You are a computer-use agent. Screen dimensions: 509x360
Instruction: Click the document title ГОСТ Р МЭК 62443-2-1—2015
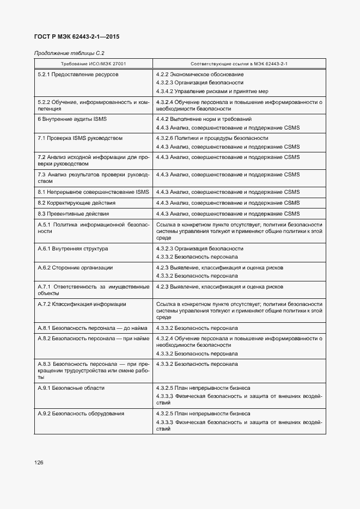77,37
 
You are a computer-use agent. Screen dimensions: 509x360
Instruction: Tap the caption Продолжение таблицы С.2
69,53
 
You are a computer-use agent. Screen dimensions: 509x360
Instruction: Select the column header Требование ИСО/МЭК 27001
93,64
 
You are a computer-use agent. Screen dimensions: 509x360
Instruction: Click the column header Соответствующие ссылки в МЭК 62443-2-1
239,64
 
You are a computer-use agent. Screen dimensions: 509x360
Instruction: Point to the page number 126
39,462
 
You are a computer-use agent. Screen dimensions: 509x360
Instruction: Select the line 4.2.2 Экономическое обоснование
199,74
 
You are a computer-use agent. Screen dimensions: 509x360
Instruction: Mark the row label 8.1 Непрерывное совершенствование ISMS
93,192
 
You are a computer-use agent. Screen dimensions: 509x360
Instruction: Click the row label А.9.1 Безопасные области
71,388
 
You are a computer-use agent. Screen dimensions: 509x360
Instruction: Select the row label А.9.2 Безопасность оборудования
81,414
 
